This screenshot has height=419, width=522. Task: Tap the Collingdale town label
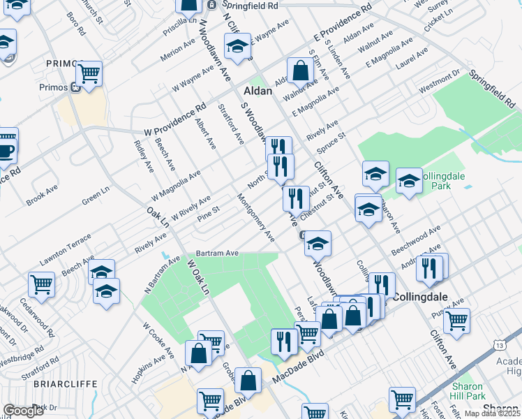click(x=419, y=296)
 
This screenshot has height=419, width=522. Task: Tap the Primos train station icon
click(x=75, y=87)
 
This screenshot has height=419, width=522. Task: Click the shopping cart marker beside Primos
click(x=89, y=73)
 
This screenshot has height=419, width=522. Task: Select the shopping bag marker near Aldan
click(x=299, y=71)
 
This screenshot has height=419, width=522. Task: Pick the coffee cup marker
click(x=6, y=151)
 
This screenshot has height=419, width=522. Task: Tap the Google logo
click(x=24, y=411)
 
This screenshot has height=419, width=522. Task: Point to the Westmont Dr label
click(x=439, y=84)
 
